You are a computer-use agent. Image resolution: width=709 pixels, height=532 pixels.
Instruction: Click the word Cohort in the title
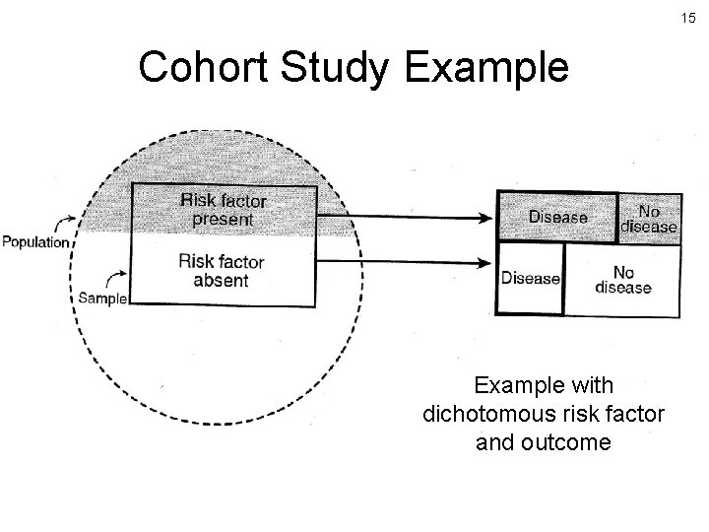(x=204, y=68)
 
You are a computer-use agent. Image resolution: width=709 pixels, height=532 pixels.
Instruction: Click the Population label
(x=35, y=241)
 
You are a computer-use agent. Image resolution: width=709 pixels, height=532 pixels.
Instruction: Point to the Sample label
(x=101, y=299)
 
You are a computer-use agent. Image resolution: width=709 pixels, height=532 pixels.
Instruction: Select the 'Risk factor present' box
(x=224, y=209)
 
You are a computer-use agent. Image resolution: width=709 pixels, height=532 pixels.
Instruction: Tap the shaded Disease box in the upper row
(x=558, y=217)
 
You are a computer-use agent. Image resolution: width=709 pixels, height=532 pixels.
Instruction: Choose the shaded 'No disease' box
(x=649, y=218)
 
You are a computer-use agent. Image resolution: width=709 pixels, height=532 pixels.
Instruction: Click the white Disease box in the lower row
(x=530, y=279)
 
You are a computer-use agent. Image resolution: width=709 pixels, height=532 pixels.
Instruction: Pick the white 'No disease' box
(x=622, y=279)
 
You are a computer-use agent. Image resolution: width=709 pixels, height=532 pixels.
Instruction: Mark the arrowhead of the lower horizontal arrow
(x=486, y=262)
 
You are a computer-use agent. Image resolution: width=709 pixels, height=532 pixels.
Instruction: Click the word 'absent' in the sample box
(x=222, y=281)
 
